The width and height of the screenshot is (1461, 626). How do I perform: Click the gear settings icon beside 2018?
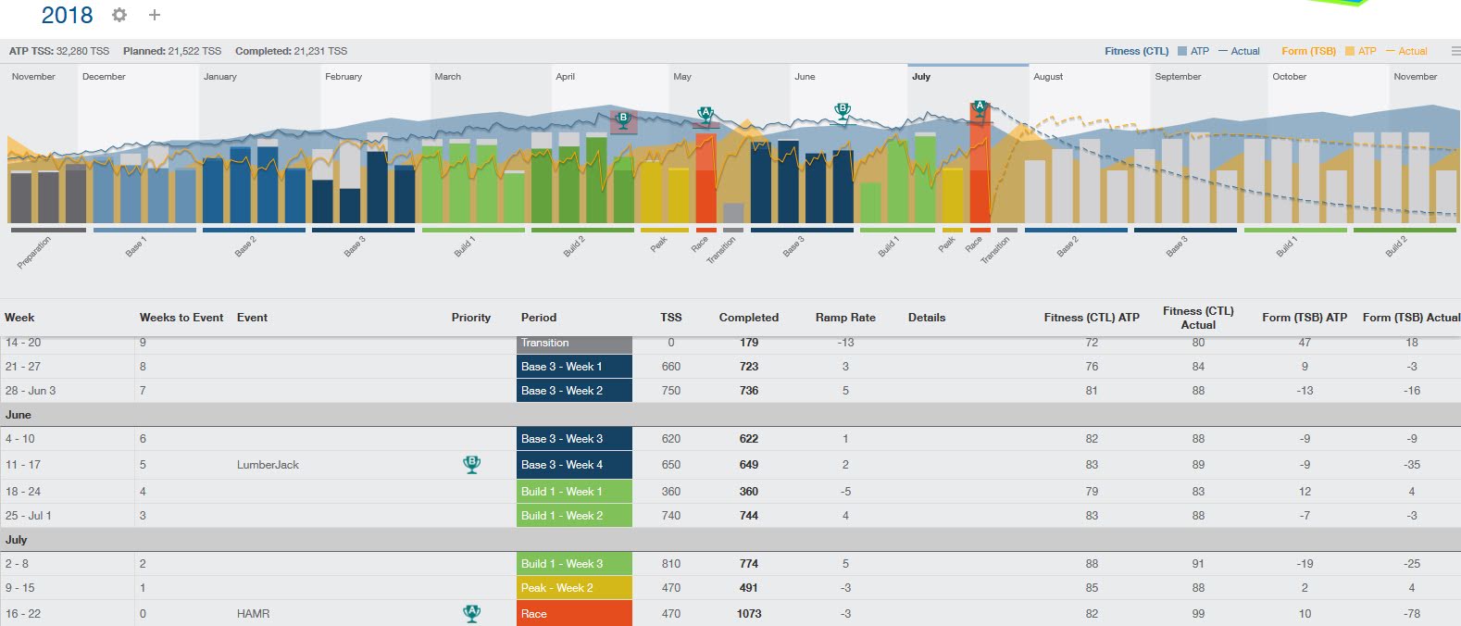point(119,15)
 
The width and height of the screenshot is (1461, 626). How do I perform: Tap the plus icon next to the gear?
point(155,15)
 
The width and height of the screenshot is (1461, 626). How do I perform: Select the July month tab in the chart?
point(921,77)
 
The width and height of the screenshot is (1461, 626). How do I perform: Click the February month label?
point(343,77)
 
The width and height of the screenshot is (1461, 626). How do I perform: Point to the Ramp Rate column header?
point(845,318)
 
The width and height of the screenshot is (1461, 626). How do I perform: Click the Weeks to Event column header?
point(181,318)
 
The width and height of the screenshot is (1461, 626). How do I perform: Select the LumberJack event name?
point(268,465)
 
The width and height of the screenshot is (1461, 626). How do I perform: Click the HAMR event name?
point(253,614)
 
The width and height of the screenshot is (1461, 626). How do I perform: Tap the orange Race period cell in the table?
point(574,614)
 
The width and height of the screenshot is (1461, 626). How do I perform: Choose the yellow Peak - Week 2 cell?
point(574,588)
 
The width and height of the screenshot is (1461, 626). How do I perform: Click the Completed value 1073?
point(749,614)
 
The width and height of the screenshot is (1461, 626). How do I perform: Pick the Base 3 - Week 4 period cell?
point(574,465)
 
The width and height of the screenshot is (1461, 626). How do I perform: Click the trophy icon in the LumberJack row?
point(471,464)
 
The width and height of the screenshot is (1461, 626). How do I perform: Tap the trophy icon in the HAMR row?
point(471,613)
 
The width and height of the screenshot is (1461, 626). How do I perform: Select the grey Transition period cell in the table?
point(574,344)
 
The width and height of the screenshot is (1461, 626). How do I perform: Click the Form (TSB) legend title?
point(1308,51)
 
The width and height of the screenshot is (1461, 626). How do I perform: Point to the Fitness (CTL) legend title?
point(1136,51)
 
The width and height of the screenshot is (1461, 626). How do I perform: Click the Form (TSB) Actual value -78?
point(1411,614)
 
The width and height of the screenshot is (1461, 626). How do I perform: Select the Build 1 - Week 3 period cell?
point(574,564)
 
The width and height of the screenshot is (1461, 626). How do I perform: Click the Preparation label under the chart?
point(34,252)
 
